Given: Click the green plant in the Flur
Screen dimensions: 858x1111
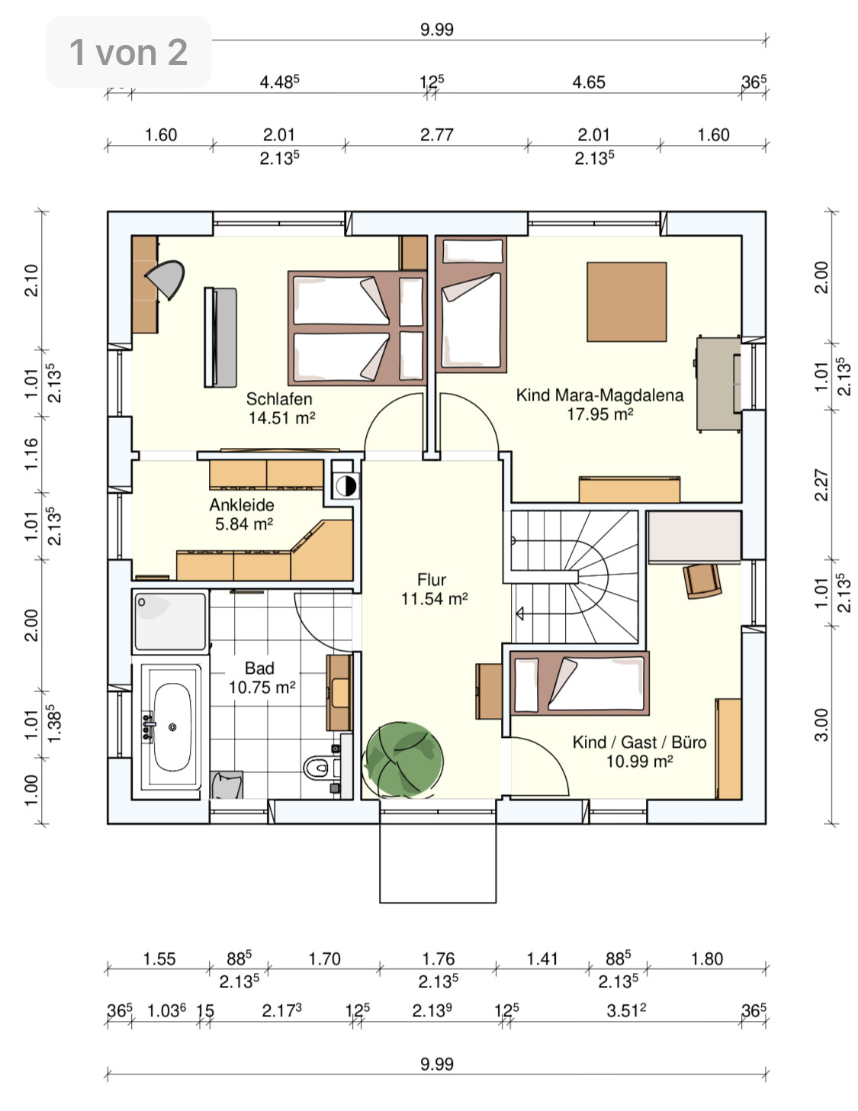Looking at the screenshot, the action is tap(404, 758).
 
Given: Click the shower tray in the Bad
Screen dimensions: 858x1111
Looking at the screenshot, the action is tap(170, 621).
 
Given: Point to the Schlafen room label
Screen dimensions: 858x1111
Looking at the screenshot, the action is tap(279, 399).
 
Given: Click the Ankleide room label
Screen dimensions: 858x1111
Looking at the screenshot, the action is tap(242, 505).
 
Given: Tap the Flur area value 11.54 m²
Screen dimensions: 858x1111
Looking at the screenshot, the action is tap(435, 599).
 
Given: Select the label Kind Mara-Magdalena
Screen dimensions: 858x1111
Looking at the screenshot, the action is tap(599, 395).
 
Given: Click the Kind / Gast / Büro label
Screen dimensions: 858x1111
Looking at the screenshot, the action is tap(639, 742).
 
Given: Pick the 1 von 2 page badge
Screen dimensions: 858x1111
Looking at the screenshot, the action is tap(129, 52).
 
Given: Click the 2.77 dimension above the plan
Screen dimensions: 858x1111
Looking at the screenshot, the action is tap(437, 135).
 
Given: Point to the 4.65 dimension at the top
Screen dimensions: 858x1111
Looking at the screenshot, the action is tap(589, 82).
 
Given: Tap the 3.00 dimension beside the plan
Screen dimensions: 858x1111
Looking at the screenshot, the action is tap(821, 725).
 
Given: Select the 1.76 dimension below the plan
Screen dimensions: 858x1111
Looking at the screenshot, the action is tap(439, 959).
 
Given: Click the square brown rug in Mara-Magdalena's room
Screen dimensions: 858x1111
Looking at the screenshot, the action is tap(626, 301).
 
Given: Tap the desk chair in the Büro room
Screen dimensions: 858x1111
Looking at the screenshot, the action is tap(702, 581).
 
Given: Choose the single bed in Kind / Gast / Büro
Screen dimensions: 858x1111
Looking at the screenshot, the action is tap(580, 683).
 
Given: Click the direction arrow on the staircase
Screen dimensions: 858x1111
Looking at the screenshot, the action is tap(519, 613).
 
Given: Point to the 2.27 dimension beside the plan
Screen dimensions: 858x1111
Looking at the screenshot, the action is tap(821, 485).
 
